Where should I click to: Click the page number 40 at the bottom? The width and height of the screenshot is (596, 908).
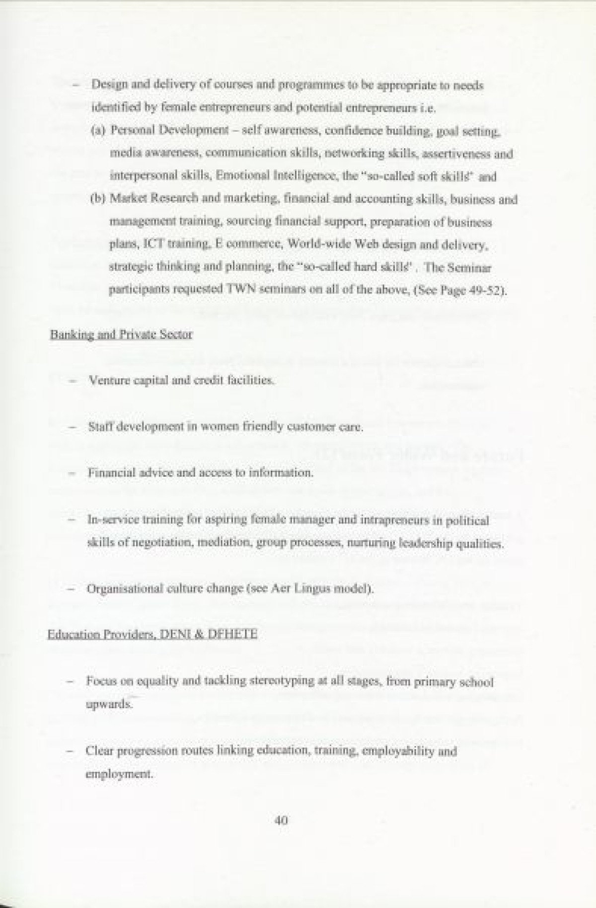[x=281, y=821]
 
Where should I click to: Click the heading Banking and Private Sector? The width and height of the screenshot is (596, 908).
[x=121, y=334]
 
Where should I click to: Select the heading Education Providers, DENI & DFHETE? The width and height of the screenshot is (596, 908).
[x=152, y=635]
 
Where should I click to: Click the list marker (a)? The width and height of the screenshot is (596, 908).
[x=98, y=131]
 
